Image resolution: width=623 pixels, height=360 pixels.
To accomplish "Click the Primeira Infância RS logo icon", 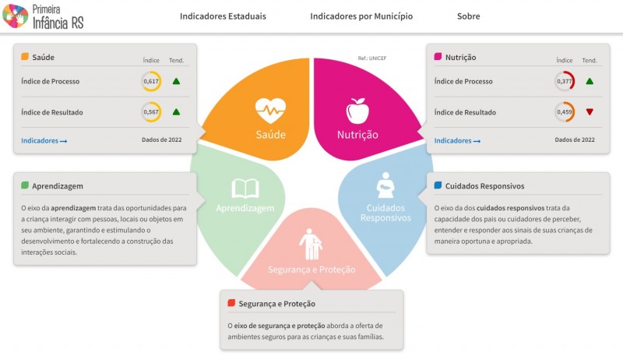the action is pos(16,16).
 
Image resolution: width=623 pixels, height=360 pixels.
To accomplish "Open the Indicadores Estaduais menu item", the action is pos(223,16).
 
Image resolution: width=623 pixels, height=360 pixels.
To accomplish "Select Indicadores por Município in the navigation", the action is pos(361,16).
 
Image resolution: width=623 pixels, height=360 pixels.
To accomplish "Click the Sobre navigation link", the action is pos(469,16).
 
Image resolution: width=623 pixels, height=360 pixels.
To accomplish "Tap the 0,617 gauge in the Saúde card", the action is pos(151,81).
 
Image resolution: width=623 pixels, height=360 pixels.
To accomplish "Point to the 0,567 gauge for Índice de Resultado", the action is pos(151,112).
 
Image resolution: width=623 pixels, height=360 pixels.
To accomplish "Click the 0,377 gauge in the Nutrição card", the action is pos(564,81).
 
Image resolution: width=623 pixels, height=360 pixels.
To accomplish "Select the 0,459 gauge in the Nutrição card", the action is pos(564,112).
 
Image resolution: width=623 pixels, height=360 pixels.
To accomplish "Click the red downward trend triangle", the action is pos(590,112).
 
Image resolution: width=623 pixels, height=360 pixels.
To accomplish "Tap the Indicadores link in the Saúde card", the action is pos(44,141).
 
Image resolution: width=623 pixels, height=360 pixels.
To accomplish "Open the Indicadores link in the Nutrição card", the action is pos(457,141).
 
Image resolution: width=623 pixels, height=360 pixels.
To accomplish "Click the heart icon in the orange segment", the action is pos(270,111).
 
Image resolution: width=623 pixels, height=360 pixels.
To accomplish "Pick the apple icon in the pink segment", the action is pos(357,111).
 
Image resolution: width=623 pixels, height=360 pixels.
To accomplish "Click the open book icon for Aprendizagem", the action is pos(245,189).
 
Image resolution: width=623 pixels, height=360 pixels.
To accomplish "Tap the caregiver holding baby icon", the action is pos(385,185).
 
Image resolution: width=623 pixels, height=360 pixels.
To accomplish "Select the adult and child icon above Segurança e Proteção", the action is pos(311,244).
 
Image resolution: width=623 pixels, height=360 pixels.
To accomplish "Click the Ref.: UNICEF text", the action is pos(372,58).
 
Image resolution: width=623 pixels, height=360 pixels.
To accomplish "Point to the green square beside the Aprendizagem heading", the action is pos(25,185).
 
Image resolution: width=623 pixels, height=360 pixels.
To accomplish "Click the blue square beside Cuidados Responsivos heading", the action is pos(438,185).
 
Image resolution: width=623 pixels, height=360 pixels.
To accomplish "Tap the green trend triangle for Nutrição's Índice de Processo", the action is pos(590,81).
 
